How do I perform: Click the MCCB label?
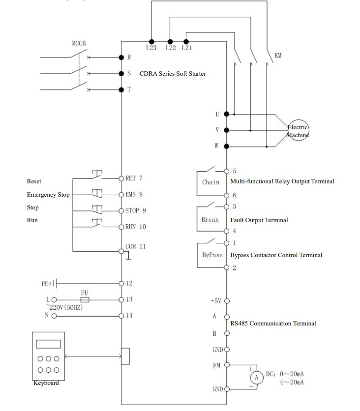tap(79, 43)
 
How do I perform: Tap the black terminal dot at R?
tap(121, 58)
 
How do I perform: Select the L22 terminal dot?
tap(170, 41)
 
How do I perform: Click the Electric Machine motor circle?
tap(298, 130)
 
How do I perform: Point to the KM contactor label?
tap(278, 56)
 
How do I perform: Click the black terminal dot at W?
tap(227, 147)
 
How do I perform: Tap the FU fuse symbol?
tap(85, 299)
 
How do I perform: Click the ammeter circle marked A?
tap(256, 378)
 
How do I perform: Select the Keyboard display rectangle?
tap(48, 344)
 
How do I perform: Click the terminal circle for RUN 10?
tap(121, 227)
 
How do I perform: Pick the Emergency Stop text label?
tap(48, 195)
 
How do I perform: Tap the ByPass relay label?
tap(212, 255)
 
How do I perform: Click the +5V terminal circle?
tap(227, 301)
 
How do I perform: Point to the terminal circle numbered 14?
tap(121, 316)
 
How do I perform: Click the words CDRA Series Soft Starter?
tap(173, 74)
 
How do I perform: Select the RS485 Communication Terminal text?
tap(273, 323)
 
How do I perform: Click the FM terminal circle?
tap(227, 365)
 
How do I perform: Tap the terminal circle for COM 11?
tap(121, 251)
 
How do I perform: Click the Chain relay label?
tap(211, 182)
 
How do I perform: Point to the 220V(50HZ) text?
tap(66, 307)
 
